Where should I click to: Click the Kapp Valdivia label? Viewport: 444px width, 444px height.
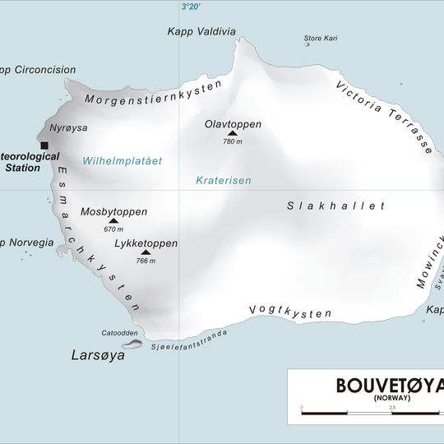coord(201,32)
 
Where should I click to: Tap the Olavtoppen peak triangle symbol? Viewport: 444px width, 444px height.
coord(233,133)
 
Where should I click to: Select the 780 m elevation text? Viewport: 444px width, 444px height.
coord(233,141)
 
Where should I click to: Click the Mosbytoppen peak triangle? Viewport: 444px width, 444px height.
coord(113,221)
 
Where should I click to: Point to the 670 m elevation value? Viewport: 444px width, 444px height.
coord(113,229)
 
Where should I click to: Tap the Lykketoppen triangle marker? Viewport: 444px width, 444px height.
coord(146,252)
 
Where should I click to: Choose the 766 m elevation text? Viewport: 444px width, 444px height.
coord(146,261)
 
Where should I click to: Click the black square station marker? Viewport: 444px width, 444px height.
coord(44,146)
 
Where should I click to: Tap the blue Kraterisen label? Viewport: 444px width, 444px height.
coord(223,180)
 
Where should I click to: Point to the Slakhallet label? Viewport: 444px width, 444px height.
coord(335,206)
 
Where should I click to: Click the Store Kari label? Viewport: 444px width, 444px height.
coord(321,38)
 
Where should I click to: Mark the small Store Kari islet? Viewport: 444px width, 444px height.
coord(308,44)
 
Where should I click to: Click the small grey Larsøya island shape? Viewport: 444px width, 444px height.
coord(132,344)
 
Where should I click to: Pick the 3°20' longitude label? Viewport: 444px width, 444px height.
coord(190,7)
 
